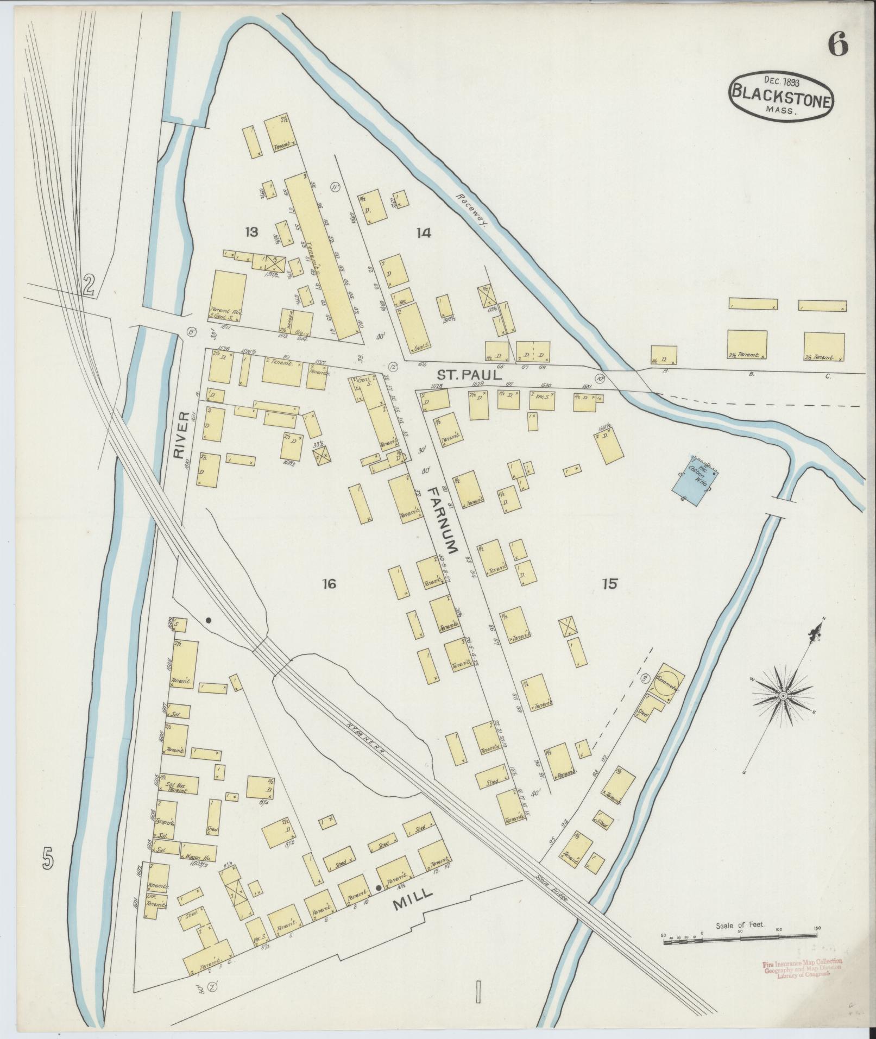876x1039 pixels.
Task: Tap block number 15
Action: click(609, 584)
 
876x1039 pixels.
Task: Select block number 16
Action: click(329, 584)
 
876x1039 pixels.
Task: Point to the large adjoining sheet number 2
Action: click(89, 285)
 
